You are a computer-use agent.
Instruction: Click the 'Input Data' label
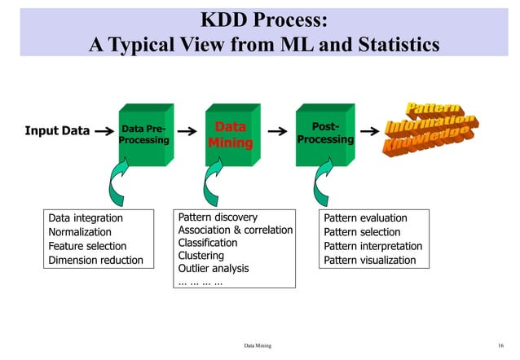point(56,130)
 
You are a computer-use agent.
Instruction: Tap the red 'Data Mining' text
point(230,135)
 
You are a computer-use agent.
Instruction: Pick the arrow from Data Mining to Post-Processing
point(278,130)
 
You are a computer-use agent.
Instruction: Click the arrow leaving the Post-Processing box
point(369,130)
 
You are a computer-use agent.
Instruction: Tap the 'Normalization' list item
point(80,232)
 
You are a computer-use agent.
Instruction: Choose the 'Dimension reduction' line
point(95,260)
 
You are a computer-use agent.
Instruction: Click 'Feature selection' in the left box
point(87,246)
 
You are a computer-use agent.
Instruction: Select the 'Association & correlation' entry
point(235,230)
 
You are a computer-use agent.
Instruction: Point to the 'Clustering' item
point(201,255)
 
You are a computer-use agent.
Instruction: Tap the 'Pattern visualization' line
point(370,260)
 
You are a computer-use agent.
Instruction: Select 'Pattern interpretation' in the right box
point(373,246)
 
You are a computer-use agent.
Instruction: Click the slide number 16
point(500,345)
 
